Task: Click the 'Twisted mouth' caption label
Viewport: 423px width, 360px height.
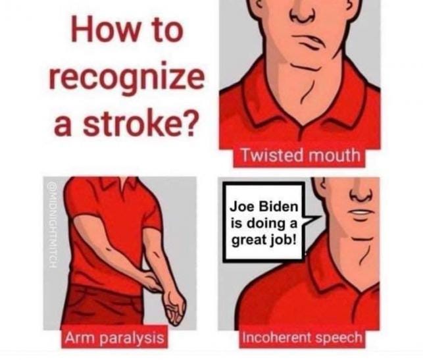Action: pos(301,156)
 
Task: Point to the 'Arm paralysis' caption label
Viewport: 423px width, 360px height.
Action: pos(114,338)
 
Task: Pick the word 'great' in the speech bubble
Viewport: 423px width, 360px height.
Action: pos(248,240)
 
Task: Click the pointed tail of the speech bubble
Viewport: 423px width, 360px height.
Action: pos(320,217)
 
